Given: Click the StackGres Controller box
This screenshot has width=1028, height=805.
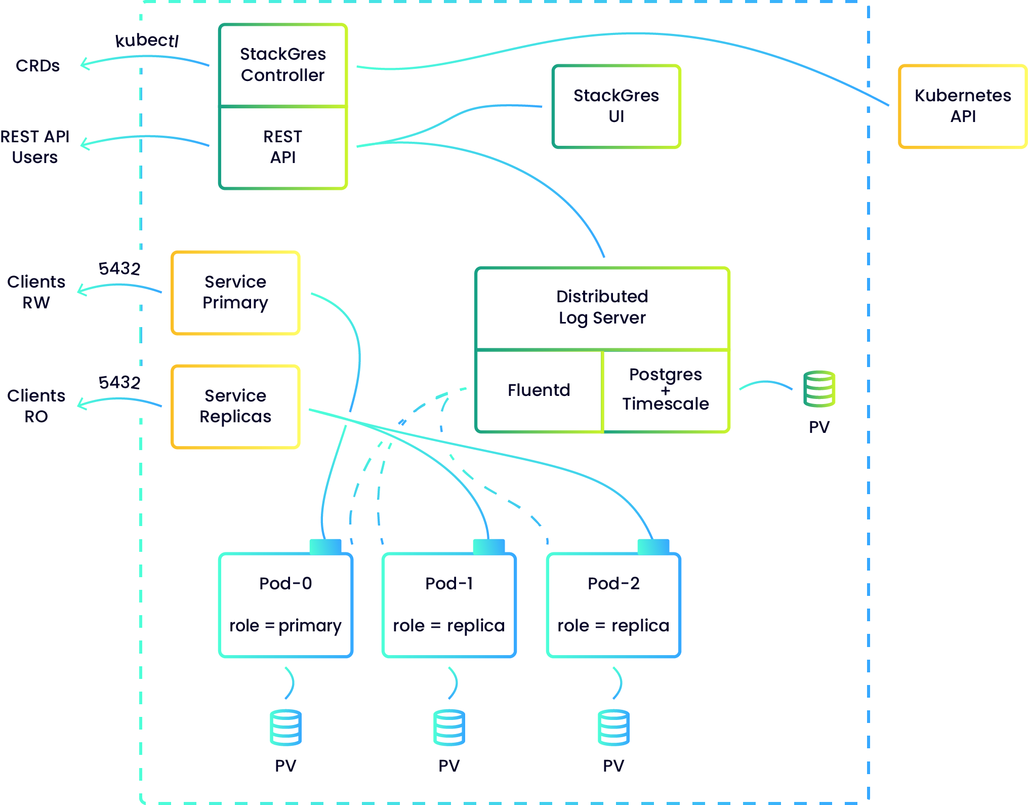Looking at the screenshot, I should tap(282, 65).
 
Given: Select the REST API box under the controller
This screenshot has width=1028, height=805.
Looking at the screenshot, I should tap(282, 147).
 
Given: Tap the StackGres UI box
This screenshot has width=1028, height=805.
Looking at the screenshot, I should tap(616, 106).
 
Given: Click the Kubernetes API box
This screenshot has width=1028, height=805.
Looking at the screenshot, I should tap(962, 106).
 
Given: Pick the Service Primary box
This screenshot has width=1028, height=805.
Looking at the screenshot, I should tap(235, 293).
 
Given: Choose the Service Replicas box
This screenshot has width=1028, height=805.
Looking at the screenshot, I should tap(235, 407).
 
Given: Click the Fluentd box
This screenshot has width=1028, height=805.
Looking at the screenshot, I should tap(539, 390).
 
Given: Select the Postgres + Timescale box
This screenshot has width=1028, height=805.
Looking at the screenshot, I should tap(666, 390).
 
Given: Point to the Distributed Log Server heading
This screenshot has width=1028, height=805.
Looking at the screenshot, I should tap(602, 307).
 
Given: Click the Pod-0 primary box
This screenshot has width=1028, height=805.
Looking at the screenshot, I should tap(285, 605).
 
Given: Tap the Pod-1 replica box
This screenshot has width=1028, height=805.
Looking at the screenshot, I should tap(449, 605).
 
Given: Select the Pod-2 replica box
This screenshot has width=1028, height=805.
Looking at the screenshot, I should tap(613, 605).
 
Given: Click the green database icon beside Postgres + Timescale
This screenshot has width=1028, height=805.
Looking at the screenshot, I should tap(819, 389).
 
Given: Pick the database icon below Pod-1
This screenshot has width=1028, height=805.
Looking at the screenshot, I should tap(449, 728).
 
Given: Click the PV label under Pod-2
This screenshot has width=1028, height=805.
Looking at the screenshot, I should tap(613, 766).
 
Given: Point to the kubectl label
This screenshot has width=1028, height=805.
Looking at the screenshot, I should tap(147, 41).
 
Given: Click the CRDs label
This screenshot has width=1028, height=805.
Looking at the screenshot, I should tap(37, 66).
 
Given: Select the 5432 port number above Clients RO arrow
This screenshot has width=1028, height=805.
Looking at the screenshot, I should tap(119, 382).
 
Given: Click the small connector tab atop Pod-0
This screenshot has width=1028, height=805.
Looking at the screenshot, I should tap(325, 546).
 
